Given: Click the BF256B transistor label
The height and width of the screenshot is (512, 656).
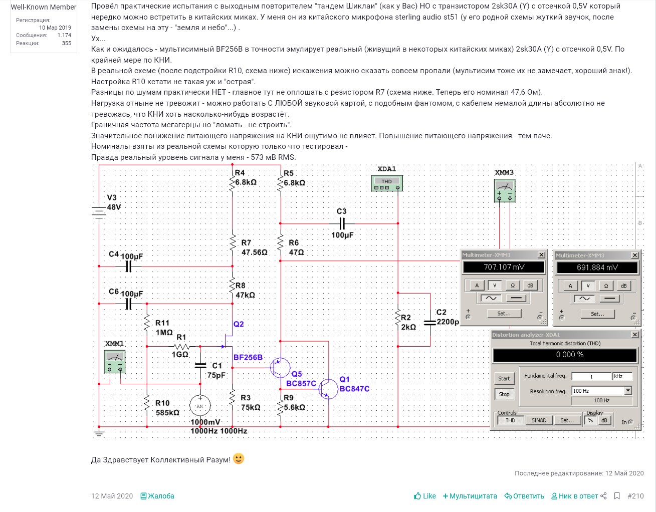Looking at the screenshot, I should pos(248,357).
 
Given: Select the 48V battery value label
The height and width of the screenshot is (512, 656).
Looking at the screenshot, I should pos(114,207).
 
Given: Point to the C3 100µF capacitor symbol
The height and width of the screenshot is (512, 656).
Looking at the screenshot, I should pos(342,223).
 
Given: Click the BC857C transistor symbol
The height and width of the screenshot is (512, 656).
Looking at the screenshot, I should pos(279,368).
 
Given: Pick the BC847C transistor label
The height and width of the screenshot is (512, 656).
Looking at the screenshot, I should pos(354,389).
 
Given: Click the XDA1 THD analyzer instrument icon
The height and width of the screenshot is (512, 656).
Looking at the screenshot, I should pos(386,183).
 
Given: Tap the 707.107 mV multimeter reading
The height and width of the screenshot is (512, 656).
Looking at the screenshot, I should pos(504,267).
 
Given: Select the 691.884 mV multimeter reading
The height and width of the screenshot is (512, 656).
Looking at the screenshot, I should pos(597,268).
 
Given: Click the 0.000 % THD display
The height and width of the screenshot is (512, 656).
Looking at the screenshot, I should pos(565,355).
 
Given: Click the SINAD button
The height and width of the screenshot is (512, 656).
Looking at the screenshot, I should pos(539,420).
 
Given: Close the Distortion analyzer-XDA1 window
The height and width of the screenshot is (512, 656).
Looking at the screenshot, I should pos(634,335).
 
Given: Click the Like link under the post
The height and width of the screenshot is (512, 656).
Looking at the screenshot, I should pos(425,496).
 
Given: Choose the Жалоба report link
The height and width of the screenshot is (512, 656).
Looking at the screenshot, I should pos(157,496).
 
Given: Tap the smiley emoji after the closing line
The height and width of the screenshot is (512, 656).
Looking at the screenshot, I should pos(239,459).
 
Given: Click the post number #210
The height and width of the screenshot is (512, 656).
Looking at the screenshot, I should pos(635,496).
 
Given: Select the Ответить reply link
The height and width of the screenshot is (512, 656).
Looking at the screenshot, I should pos(524,496).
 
